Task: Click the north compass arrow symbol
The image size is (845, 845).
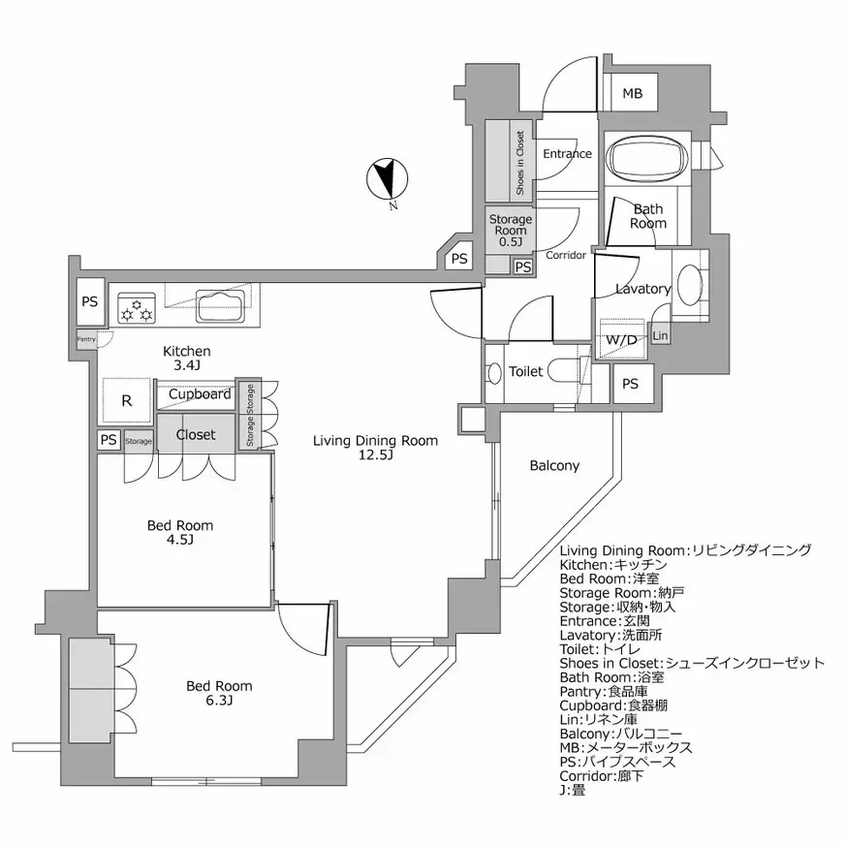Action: click(x=386, y=180)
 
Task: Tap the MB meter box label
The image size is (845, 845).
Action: click(x=632, y=94)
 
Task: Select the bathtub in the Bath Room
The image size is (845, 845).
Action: click(x=647, y=157)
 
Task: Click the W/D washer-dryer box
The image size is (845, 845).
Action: click(x=621, y=339)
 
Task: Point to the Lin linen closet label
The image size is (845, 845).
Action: click(x=660, y=336)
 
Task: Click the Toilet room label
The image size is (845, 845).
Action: click(x=524, y=371)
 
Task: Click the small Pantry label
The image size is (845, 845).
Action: click(x=86, y=339)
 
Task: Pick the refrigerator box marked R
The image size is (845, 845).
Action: click(x=126, y=400)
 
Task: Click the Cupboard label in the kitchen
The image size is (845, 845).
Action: click(x=200, y=394)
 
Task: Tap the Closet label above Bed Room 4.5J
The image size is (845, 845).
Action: click(x=196, y=435)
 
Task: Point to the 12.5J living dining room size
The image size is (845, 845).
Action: click(x=375, y=455)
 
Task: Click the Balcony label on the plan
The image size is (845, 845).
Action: click(x=554, y=465)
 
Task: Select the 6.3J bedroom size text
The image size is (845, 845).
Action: click(x=219, y=700)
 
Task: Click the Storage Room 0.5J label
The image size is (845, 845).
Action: click(x=510, y=231)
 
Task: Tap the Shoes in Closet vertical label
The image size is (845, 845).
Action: click(x=519, y=162)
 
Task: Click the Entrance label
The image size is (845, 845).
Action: click(x=567, y=154)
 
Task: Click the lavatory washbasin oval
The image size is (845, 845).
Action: click(x=689, y=288)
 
